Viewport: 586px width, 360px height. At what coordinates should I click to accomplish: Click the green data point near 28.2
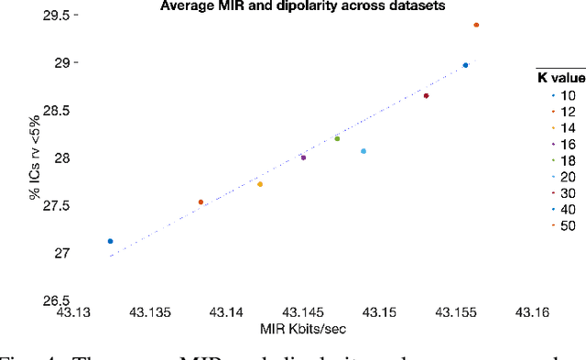(x=337, y=138)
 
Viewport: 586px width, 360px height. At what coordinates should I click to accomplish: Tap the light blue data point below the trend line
(x=364, y=151)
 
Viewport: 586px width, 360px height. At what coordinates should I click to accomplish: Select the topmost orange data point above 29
(x=476, y=26)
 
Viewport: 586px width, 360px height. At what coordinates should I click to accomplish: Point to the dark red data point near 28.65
(x=426, y=95)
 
